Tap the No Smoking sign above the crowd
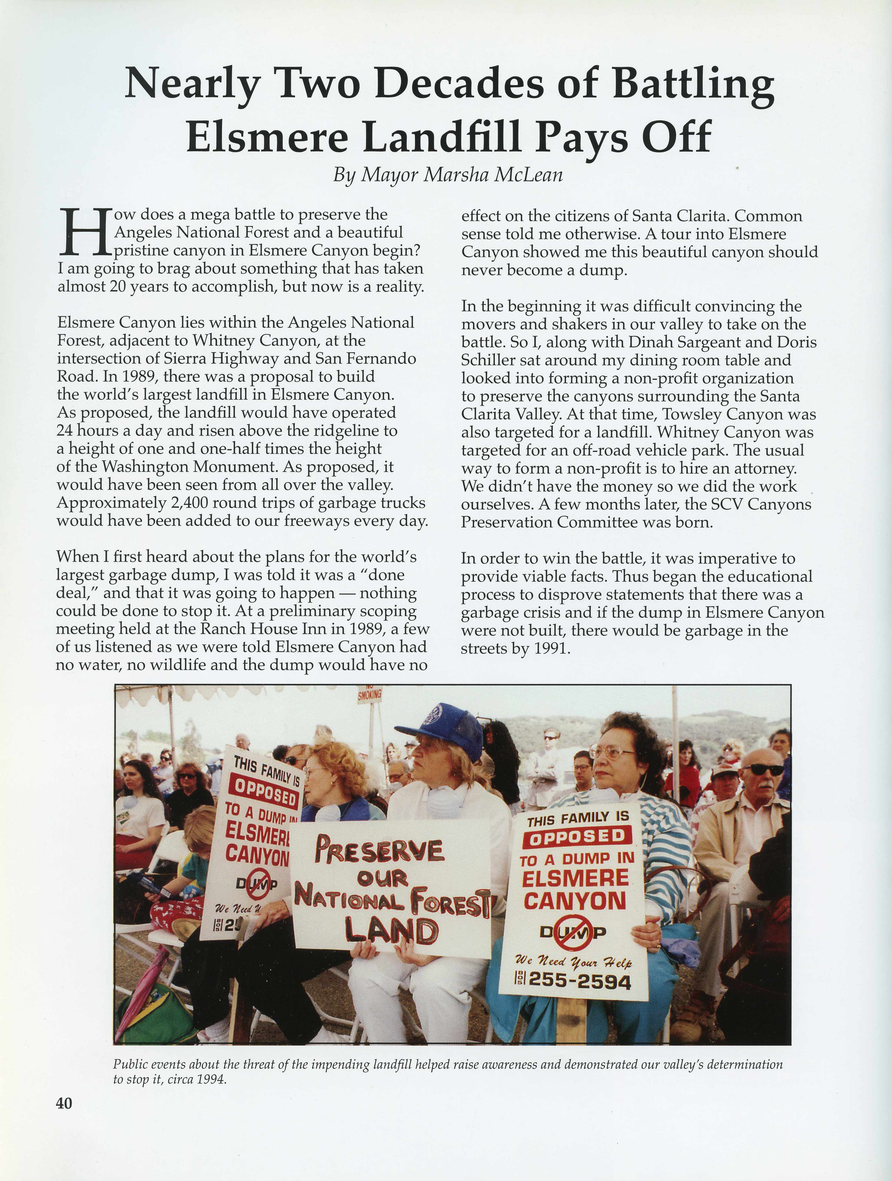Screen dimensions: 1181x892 point(370,694)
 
